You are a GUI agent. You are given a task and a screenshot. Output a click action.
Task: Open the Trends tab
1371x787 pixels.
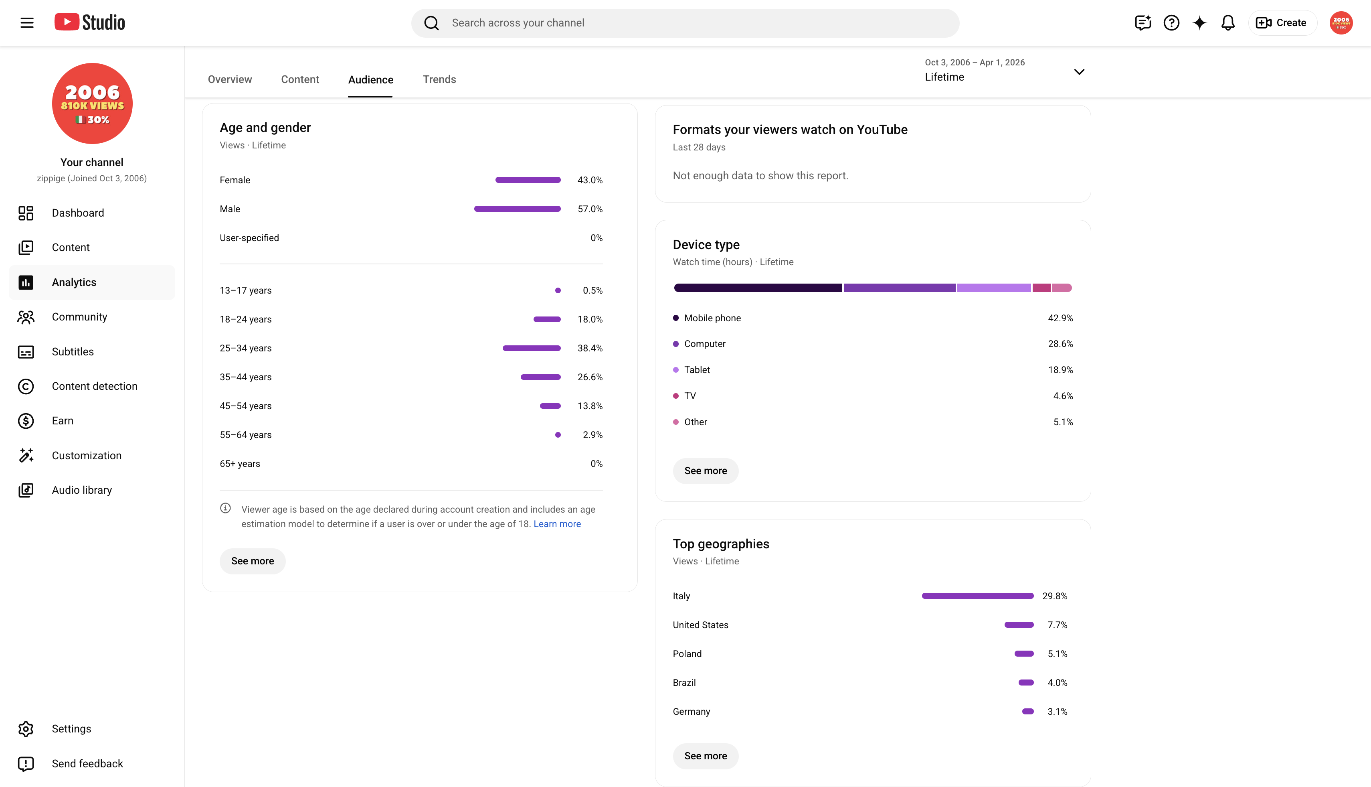click(439, 79)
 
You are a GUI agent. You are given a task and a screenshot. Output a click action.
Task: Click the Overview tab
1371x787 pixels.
click(230, 79)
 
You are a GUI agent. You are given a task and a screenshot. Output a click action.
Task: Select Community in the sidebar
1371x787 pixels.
click(79, 317)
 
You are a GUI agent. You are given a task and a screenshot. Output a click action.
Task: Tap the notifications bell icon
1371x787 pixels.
click(1228, 23)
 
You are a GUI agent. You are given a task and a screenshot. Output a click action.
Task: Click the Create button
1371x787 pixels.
click(1282, 23)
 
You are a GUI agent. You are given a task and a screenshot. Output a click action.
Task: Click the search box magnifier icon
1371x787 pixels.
click(431, 23)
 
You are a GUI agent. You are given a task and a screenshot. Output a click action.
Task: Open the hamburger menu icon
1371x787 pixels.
click(27, 23)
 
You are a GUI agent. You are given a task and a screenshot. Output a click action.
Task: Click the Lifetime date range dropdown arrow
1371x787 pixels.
click(1079, 72)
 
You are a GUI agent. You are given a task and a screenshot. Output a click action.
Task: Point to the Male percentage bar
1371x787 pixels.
click(517, 209)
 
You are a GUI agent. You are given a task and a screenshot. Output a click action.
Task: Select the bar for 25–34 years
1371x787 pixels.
click(532, 348)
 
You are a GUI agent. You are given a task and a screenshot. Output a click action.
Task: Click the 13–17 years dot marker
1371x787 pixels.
click(558, 291)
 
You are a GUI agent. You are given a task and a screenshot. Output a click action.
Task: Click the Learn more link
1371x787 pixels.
click(557, 524)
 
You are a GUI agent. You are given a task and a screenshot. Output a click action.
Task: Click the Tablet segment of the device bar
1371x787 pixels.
click(994, 288)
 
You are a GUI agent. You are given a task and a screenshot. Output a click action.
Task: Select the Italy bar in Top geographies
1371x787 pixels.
click(978, 596)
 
